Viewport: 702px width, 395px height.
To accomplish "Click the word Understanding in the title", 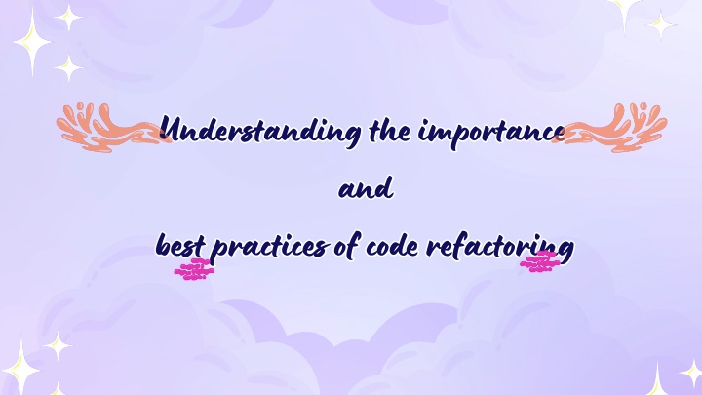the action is point(260,132).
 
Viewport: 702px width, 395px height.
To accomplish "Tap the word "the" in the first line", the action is point(389,131).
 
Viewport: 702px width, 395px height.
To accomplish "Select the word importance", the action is point(491,133).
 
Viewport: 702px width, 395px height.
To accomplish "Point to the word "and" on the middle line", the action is point(367,188).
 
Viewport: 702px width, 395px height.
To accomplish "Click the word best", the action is point(180,246).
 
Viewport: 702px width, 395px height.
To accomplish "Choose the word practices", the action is point(269,247).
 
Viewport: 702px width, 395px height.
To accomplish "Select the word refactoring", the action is point(499,248).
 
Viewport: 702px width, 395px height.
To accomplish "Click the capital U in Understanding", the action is point(172,129).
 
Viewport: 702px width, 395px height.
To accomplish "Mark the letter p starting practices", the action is point(219,252).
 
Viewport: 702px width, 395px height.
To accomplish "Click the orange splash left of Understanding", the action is point(109,129).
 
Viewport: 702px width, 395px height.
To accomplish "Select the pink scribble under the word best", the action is point(194,269).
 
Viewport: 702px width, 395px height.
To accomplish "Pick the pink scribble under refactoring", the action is point(539,261).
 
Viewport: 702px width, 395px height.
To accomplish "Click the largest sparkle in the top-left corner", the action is point(32,43).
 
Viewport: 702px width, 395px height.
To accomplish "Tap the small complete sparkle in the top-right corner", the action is point(661,24).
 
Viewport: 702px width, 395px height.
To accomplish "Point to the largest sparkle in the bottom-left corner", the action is point(20,368).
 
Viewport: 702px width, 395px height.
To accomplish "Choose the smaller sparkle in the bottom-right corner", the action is point(692,373).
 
